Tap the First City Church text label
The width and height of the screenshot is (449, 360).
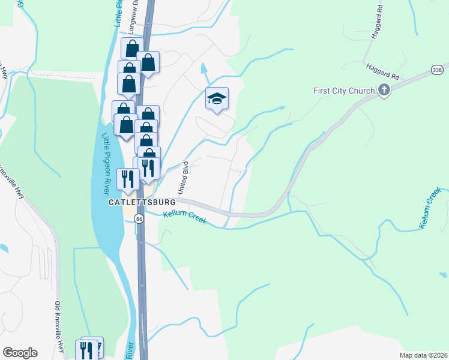345,91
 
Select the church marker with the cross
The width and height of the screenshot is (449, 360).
384,91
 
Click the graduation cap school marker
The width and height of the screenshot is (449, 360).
217,98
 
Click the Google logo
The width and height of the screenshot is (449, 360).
20,352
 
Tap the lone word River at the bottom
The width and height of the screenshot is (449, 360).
130,350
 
